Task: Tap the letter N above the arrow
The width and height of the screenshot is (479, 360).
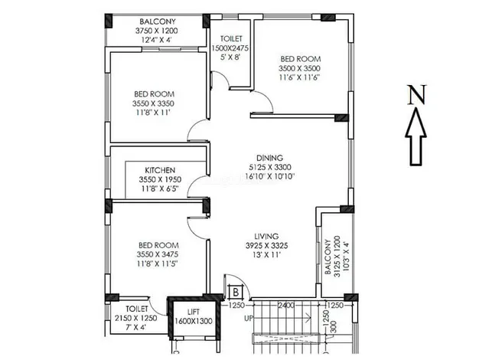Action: click(417, 95)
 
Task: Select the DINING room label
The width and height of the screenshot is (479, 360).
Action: click(270, 158)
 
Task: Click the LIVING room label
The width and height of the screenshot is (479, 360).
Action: click(267, 236)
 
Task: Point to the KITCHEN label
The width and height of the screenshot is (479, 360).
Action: click(160, 170)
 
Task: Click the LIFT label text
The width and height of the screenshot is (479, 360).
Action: click(194, 312)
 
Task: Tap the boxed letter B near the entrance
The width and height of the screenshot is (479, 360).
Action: click(236, 292)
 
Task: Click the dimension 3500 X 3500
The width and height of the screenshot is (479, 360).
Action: click(299, 68)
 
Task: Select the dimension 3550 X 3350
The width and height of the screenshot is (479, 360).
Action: click(153, 103)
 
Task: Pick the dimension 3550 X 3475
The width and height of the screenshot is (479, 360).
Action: click(158, 254)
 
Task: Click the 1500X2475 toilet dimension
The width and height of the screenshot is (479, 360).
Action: click(230, 48)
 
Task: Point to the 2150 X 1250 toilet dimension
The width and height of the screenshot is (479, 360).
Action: click(136, 318)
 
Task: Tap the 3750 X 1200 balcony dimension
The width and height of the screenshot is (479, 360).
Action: click(157, 31)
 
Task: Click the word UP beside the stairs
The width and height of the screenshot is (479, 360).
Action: click(249, 319)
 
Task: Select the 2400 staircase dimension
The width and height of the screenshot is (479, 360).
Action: click(286, 305)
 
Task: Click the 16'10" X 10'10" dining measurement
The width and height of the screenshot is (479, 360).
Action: click(270, 176)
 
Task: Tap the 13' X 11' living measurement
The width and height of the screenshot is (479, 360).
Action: click(267, 255)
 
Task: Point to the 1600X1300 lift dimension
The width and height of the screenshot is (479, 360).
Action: click(194, 321)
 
